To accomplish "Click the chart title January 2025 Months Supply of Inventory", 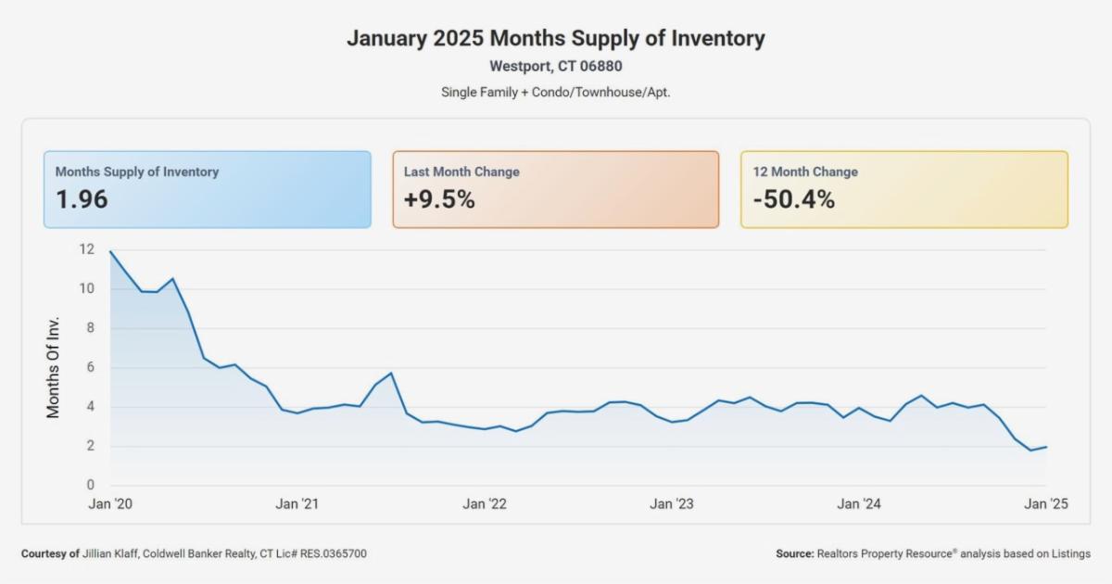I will click(x=556, y=39).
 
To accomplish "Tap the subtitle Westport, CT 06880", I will click(x=556, y=67).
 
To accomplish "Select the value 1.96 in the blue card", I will click(x=82, y=199).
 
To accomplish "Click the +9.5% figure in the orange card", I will click(x=439, y=199).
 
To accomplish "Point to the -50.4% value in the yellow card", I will click(x=793, y=199).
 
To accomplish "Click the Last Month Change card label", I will click(x=461, y=171).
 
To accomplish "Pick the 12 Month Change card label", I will click(x=804, y=171).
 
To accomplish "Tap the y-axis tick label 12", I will click(x=87, y=249).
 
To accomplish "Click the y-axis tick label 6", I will click(x=91, y=367).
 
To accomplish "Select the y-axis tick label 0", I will click(x=91, y=485).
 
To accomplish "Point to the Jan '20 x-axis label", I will click(x=110, y=504).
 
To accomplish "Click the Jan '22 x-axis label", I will click(x=485, y=504).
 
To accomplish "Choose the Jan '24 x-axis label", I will click(x=859, y=504).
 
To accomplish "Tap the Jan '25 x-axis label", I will click(x=1046, y=504).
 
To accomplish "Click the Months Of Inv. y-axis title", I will click(x=54, y=367).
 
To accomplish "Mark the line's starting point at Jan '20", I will click(x=110, y=251).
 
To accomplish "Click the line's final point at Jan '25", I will click(x=1046, y=447).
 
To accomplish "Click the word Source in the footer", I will click(x=794, y=553).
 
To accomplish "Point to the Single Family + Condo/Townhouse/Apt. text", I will click(x=556, y=93).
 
